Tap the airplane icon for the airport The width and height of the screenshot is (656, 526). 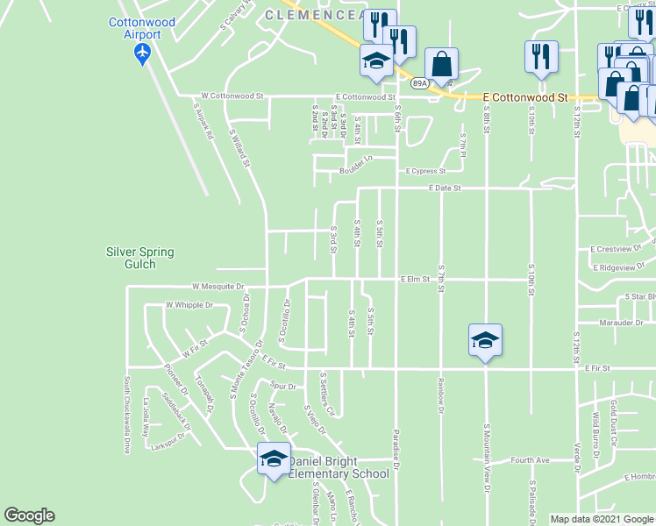tap(142, 53)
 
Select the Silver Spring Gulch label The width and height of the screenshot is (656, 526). tap(140, 258)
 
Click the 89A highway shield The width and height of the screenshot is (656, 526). tap(419, 83)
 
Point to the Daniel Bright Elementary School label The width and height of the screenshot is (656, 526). tap(339, 468)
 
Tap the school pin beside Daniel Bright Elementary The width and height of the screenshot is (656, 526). tap(274, 458)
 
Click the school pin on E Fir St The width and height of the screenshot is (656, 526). tap(485, 340)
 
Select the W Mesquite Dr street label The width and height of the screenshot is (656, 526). tap(217, 286)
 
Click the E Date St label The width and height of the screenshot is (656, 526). tap(445, 188)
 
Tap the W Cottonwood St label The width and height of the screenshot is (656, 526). tap(232, 96)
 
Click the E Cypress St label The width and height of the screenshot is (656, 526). tap(425, 172)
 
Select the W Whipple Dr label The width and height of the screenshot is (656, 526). tap(189, 305)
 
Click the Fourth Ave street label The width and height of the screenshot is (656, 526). tap(530, 459)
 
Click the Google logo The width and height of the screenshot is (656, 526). tap(29, 515)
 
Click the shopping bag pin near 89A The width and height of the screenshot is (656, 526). tap(441, 65)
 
